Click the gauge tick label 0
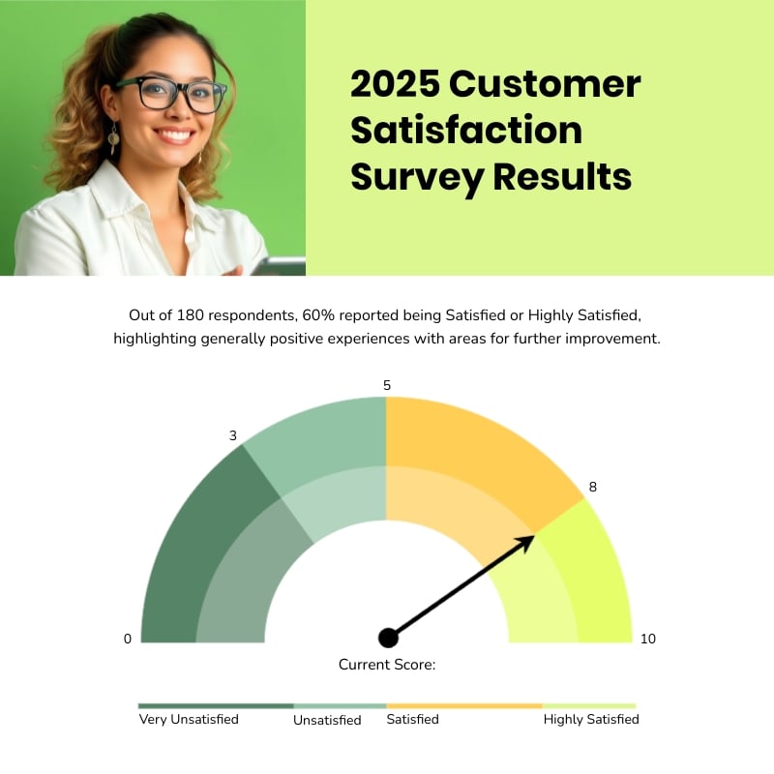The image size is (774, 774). click(x=128, y=639)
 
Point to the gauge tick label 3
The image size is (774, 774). click(x=233, y=435)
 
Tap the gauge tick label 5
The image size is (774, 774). click(x=387, y=385)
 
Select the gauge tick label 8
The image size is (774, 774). click(x=593, y=487)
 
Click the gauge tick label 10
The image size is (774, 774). click(x=648, y=639)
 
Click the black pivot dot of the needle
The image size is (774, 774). click(x=389, y=638)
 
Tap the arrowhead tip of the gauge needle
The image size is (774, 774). click(x=534, y=536)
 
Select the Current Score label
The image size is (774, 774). click(x=387, y=665)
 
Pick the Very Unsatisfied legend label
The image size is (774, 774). click(x=189, y=719)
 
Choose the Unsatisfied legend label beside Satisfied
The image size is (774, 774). click(x=327, y=720)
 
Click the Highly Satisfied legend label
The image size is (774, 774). click(x=591, y=719)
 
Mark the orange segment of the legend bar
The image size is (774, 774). click(x=464, y=706)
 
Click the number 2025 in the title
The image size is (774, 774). click(x=395, y=84)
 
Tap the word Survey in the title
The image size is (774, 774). click(x=417, y=178)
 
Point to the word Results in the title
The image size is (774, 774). click(x=562, y=176)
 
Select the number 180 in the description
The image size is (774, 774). click(x=190, y=315)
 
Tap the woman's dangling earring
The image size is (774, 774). click(x=113, y=138)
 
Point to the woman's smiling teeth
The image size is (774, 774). click(x=175, y=134)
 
